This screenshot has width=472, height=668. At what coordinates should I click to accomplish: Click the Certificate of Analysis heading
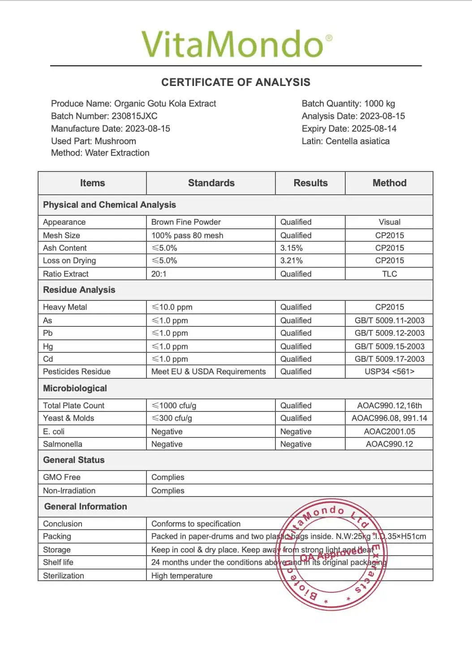(236, 82)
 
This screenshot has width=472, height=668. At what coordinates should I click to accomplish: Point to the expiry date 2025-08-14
(378, 128)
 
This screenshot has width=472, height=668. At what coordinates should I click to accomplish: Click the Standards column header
(211, 183)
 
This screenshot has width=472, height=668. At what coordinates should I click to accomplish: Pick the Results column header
(310, 183)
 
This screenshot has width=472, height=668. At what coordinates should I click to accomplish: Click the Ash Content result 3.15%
(292, 248)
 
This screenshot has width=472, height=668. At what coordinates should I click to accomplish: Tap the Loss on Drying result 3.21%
(292, 261)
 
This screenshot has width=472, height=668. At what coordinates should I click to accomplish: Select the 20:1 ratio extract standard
(159, 274)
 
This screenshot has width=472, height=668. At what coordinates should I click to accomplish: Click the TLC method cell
(389, 274)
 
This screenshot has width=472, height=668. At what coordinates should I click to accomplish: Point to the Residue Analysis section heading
(79, 290)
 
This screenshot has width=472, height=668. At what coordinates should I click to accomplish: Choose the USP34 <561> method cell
(389, 372)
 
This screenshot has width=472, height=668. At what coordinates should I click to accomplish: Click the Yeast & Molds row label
(69, 418)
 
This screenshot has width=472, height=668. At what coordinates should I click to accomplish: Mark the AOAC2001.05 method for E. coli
(389, 432)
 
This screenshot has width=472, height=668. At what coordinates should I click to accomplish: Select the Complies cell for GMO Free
(168, 477)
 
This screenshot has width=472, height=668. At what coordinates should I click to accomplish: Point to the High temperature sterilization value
(182, 576)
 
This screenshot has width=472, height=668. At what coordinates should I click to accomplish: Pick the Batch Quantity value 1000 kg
(380, 103)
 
